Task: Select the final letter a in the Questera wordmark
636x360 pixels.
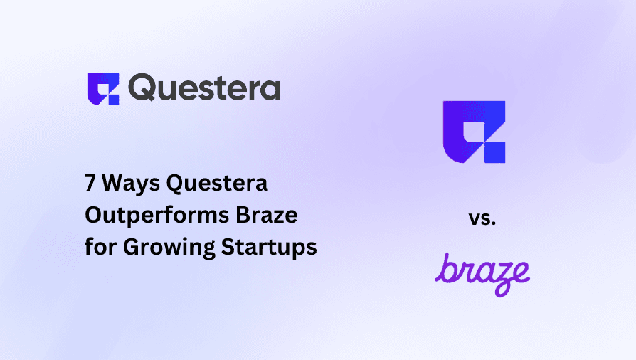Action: [x=269, y=90]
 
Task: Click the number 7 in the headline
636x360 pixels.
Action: [x=90, y=184]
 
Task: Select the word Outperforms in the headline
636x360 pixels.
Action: [x=152, y=216]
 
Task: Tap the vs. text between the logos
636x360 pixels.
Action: [x=482, y=218]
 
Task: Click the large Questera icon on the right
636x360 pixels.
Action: [x=474, y=132]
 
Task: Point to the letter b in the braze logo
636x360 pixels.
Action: [x=445, y=269]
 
